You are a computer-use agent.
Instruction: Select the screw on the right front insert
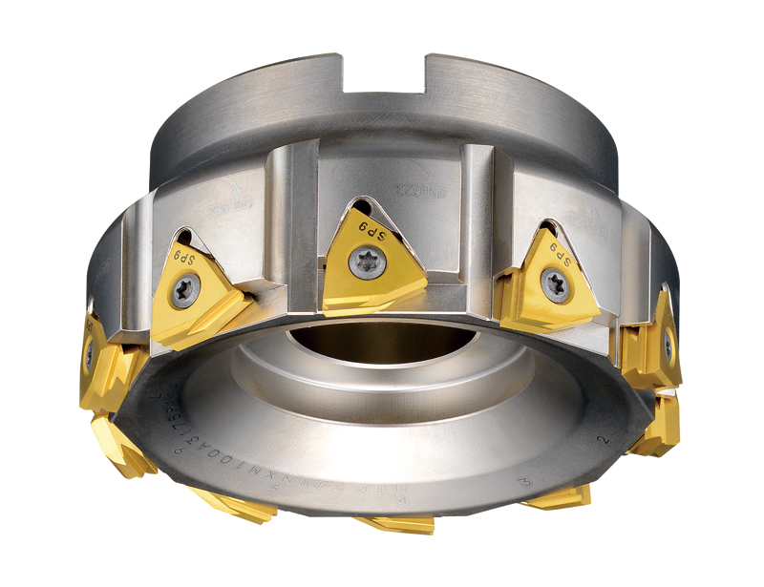(x=555, y=283)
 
